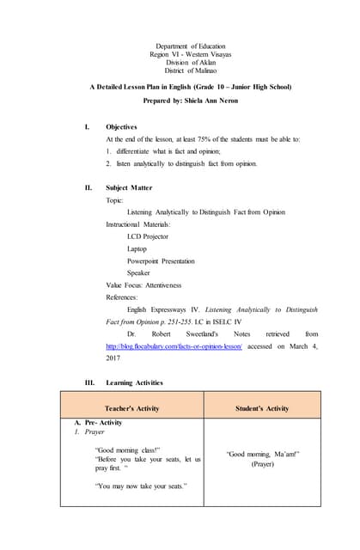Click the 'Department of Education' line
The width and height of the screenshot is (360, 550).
coord(190,46)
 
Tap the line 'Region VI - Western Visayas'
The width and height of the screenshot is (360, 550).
coord(190,54)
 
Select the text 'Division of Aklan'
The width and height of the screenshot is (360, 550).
coord(190,63)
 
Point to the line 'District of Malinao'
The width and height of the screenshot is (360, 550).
coord(190,71)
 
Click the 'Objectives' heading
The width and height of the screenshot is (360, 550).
coord(122,126)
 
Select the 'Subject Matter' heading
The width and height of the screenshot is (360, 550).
coord(130,187)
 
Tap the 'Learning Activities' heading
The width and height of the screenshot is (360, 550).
coord(135,382)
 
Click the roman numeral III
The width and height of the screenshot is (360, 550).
coord(88,382)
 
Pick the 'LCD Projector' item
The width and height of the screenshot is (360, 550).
coord(148,235)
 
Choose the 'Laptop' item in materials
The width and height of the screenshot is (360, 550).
coord(138,248)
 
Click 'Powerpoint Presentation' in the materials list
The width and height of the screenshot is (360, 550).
coord(161,260)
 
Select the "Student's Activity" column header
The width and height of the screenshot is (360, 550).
coord(262,408)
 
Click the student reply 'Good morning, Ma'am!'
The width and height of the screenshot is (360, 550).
coord(262,453)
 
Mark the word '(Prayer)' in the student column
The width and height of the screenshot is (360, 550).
coord(262,463)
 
